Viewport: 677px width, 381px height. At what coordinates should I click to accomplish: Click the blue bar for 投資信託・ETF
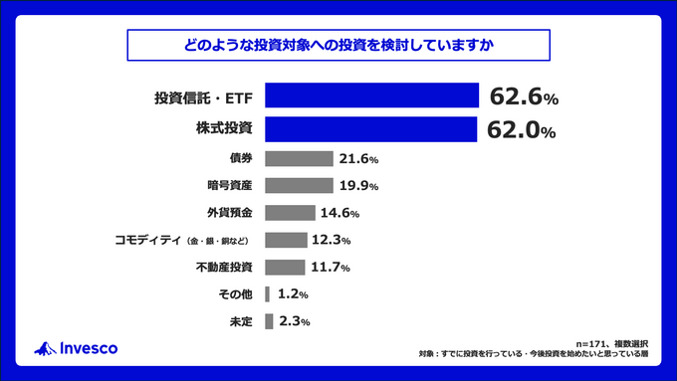coord(371,96)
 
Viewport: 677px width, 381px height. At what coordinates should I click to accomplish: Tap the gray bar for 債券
coord(299,159)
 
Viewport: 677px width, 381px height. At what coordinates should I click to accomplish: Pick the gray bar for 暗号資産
coord(299,186)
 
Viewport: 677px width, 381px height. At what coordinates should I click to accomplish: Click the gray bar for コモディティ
coord(286,240)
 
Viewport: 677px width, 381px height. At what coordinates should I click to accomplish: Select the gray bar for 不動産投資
coord(285,267)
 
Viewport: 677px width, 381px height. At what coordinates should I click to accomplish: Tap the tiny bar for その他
coord(267,294)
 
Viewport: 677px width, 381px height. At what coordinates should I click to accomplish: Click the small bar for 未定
coord(269,321)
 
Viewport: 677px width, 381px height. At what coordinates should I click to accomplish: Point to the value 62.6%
coord(524,97)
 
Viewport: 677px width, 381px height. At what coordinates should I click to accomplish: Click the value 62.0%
coord(521,129)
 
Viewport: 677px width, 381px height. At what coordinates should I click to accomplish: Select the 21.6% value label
coord(358,159)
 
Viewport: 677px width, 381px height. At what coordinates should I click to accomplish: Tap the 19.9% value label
coord(358,186)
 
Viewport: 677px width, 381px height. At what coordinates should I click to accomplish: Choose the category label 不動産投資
coord(225,268)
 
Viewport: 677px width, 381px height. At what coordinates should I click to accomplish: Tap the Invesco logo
coord(77,347)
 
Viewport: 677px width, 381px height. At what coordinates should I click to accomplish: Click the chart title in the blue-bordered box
coord(338,45)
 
